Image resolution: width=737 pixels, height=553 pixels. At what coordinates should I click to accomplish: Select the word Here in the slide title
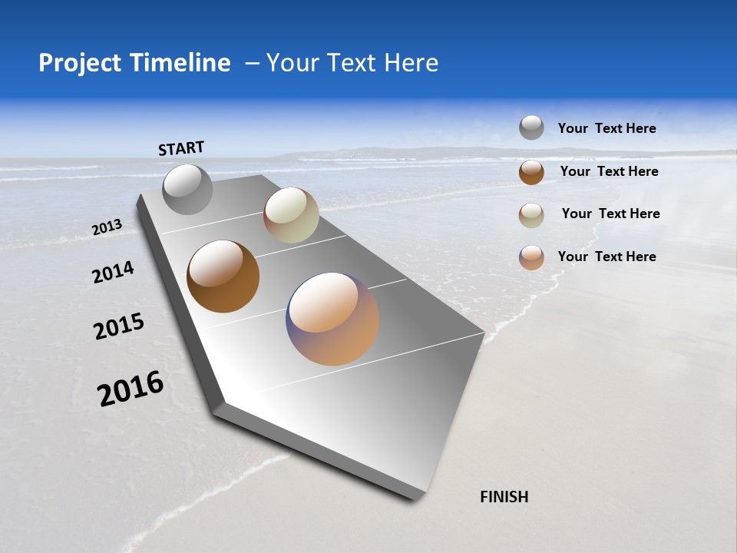pyautogui.click(x=411, y=63)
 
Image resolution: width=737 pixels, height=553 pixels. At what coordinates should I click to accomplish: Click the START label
pyautogui.click(x=181, y=148)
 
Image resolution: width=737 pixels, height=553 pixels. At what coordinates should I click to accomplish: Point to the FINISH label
pyautogui.click(x=504, y=497)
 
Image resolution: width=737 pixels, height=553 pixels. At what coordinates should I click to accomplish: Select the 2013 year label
pyautogui.click(x=107, y=227)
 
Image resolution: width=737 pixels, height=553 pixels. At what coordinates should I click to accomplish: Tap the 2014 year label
pyautogui.click(x=113, y=273)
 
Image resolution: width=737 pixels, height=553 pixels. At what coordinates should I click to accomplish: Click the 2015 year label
pyautogui.click(x=119, y=326)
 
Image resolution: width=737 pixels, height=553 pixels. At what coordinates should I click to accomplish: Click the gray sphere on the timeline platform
pyautogui.click(x=187, y=190)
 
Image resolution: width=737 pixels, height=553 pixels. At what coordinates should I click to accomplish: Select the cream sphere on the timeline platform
pyautogui.click(x=291, y=215)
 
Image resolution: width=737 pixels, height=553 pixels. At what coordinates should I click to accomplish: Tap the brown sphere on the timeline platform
pyautogui.click(x=223, y=276)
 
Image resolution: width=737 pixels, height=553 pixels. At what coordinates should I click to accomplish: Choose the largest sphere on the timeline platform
pyautogui.click(x=332, y=319)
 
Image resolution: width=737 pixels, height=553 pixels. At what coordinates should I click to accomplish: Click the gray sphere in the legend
pyautogui.click(x=531, y=127)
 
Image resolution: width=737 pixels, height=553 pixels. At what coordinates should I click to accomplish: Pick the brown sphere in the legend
pyautogui.click(x=531, y=172)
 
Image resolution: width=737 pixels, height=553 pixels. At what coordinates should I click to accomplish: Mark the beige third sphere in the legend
pyautogui.click(x=531, y=214)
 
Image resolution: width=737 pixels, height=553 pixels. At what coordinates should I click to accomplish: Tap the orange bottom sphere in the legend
pyautogui.click(x=531, y=257)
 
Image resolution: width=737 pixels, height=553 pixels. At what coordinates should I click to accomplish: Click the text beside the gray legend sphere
pyautogui.click(x=606, y=129)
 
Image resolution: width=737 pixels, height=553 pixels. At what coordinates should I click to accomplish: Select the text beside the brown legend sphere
pyautogui.click(x=609, y=171)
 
